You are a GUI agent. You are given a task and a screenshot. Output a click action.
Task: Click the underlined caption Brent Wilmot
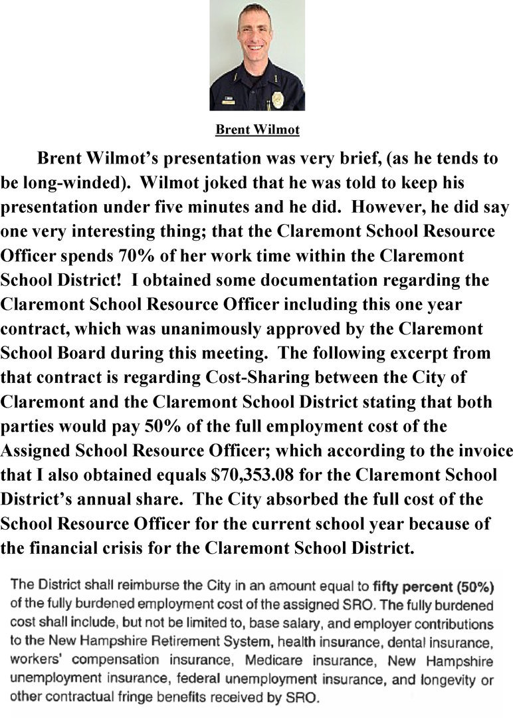pos(257,130)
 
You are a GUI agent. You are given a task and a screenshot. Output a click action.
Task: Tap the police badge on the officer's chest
pos(278,100)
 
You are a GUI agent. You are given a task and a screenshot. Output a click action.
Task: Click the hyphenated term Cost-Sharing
pos(254,378)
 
